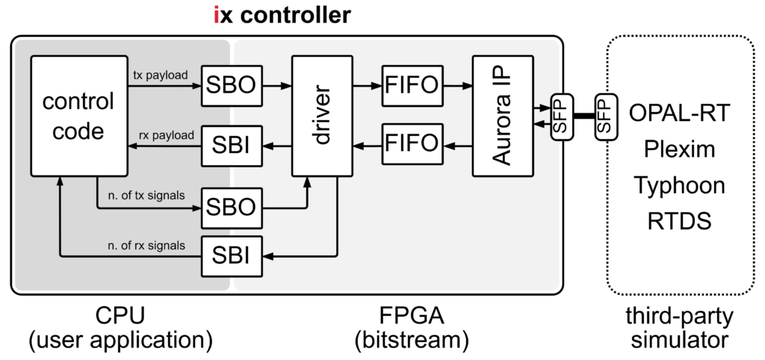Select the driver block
[322, 115]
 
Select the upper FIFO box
[411, 87]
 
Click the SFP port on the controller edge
[560, 115]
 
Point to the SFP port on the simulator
[606, 115]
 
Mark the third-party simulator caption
[679, 329]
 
